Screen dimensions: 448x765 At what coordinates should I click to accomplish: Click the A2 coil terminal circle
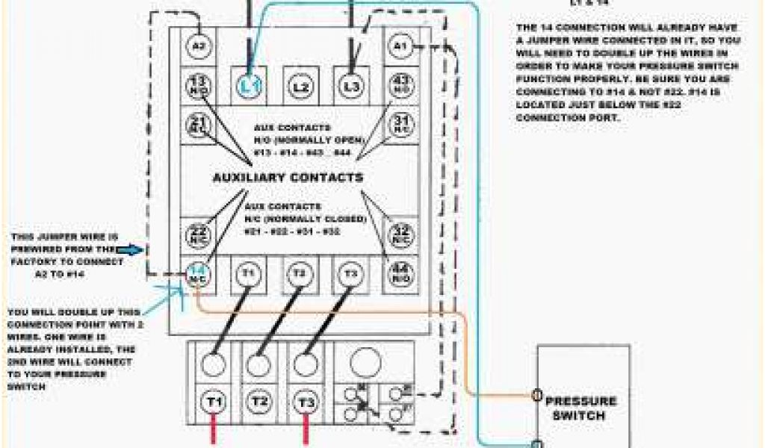[x=198, y=46]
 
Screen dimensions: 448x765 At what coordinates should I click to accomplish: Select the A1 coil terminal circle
[x=400, y=46]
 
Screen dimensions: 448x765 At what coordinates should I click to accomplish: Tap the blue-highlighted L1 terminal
[x=249, y=87]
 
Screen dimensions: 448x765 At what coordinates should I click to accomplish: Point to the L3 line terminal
[x=350, y=87]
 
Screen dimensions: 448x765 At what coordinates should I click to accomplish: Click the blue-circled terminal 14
[x=198, y=274]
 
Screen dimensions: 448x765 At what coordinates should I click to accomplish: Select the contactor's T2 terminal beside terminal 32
[x=300, y=274]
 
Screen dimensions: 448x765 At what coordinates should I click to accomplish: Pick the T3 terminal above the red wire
[x=306, y=402]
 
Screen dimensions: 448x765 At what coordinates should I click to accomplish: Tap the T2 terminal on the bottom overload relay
[x=259, y=402]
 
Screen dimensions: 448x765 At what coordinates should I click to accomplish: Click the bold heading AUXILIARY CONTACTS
[x=288, y=178]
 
